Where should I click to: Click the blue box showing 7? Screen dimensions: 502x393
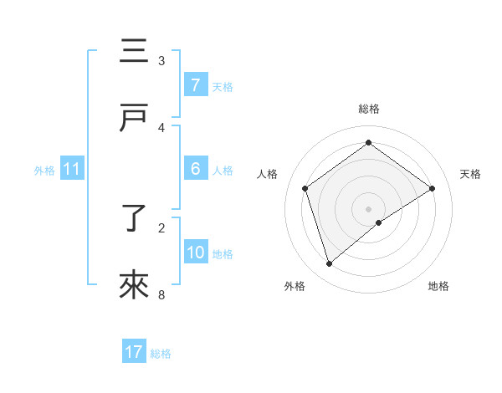(x=195, y=85)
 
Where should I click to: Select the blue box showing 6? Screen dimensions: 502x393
(x=195, y=169)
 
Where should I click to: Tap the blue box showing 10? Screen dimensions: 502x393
(x=196, y=253)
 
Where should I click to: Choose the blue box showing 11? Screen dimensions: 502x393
(x=72, y=169)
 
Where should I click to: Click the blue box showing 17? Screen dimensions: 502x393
(x=134, y=352)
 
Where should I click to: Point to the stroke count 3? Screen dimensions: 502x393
(x=161, y=60)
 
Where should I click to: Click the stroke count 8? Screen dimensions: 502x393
(x=161, y=294)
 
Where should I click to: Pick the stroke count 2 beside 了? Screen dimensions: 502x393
(x=161, y=227)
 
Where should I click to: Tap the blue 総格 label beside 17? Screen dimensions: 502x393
(x=161, y=354)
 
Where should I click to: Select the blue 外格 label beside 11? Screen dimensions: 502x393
(x=44, y=170)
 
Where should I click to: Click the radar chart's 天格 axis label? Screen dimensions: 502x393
(x=470, y=174)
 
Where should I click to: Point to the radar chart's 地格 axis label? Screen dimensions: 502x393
(x=438, y=286)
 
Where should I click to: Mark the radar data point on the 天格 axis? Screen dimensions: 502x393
(x=432, y=188)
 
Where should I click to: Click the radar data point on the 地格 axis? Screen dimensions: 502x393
(x=379, y=222)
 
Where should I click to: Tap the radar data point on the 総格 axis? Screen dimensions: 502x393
(x=368, y=142)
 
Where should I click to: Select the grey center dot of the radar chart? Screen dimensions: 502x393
(x=368, y=208)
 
